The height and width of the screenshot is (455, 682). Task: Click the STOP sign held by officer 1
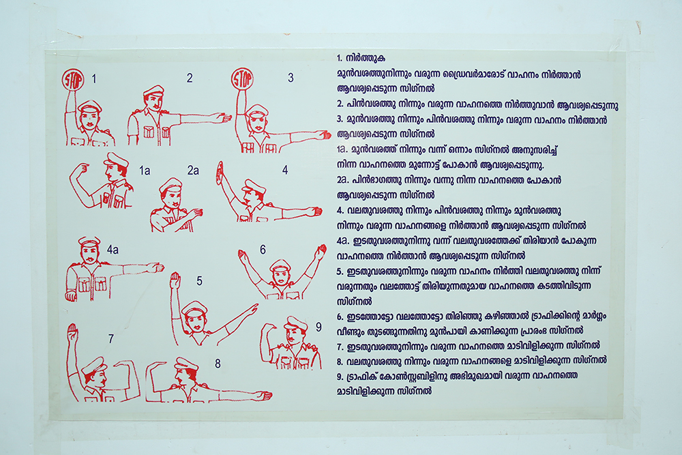(x=72, y=79)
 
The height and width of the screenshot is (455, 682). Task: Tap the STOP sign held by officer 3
(x=242, y=79)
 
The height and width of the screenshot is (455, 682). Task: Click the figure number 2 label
(x=190, y=78)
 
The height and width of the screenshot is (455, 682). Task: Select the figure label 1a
(x=145, y=171)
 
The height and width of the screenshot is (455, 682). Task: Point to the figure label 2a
(x=193, y=170)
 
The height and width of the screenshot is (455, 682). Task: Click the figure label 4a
(x=113, y=249)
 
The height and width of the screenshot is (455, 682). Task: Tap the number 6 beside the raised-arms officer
(x=263, y=250)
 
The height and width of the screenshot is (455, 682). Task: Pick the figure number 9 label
(x=318, y=327)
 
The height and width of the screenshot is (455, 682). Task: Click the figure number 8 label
(x=218, y=364)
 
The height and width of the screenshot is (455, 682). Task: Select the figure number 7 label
(x=111, y=338)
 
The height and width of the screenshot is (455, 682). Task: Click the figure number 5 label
(x=199, y=281)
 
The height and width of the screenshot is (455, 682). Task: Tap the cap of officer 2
(x=153, y=91)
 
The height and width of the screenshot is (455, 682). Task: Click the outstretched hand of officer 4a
(x=155, y=267)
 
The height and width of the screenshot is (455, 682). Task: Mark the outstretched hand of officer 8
(x=263, y=396)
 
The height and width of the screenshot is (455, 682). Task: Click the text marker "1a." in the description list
(x=342, y=149)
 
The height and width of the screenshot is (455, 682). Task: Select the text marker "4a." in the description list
(x=343, y=241)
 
